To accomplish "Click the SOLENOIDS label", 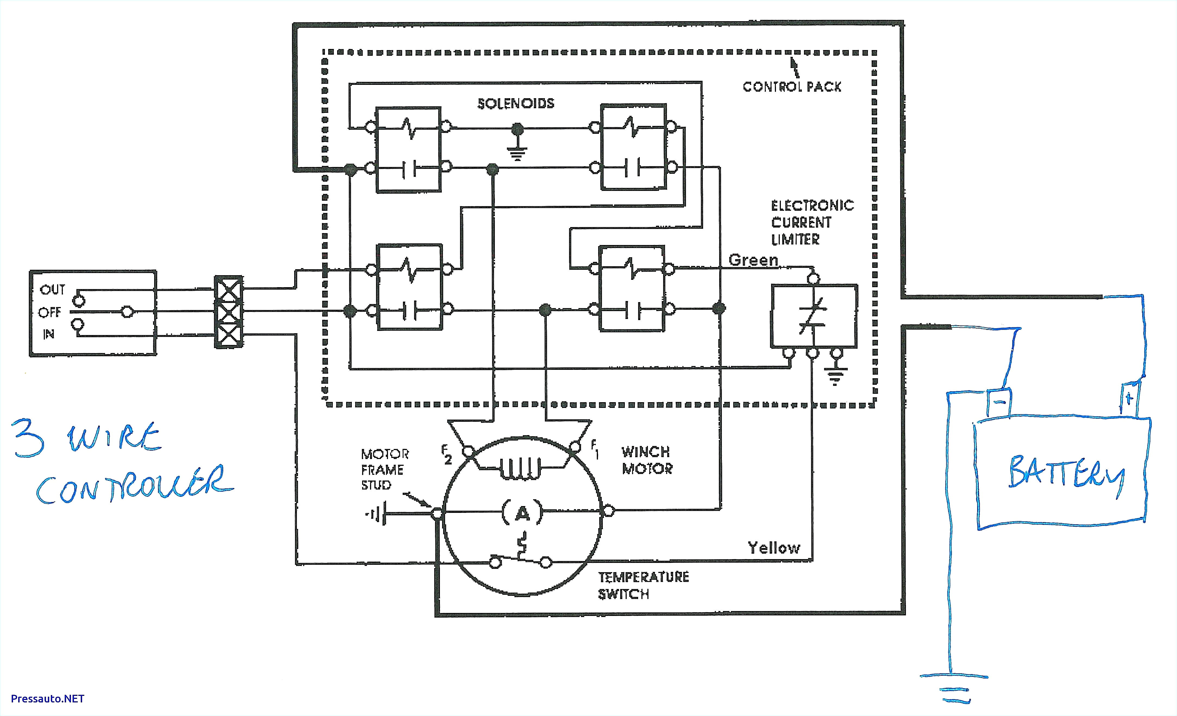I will click(x=516, y=104).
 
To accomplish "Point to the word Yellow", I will click(x=774, y=548).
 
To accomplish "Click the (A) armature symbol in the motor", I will click(x=522, y=513).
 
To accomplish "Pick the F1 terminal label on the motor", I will click(x=594, y=449).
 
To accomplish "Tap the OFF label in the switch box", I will click(x=50, y=312).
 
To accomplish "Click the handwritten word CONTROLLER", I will click(x=134, y=485).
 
